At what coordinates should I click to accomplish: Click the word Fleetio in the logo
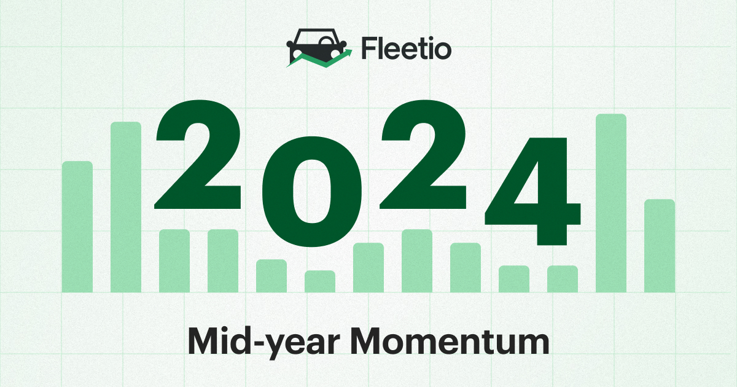point(407,49)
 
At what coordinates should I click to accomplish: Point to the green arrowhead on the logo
point(348,53)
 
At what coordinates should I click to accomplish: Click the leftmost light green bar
point(77,227)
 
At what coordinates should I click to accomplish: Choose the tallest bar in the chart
point(611,203)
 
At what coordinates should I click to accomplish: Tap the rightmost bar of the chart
point(660,246)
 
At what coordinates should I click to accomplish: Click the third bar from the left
point(174,260)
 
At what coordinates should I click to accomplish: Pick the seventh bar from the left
point(368,267)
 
